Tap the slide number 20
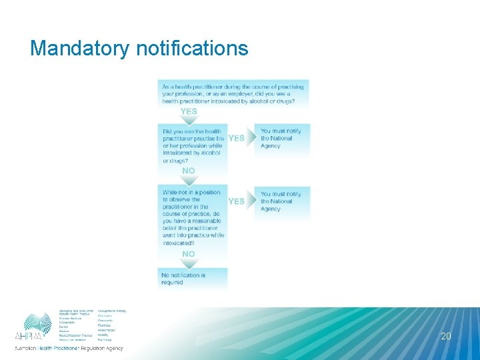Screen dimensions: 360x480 (446, 337)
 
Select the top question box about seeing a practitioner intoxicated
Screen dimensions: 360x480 (233, 93)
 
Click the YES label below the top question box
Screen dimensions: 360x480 (189, 111)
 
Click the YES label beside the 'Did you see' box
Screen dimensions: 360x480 (237, 138)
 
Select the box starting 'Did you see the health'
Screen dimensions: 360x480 (193, 145)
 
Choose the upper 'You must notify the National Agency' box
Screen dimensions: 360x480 (282, 139)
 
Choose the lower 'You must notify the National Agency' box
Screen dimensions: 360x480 (282, 201)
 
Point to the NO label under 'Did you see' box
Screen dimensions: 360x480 (189, 171)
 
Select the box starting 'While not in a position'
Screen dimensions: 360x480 (193, 217)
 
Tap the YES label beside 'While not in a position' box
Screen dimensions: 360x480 (237, 201)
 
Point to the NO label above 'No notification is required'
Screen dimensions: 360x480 (189, 254)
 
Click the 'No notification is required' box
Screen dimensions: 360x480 (193, 279)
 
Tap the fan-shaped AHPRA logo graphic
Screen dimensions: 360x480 (37, 321)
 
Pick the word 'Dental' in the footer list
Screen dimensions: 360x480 (63, 327)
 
